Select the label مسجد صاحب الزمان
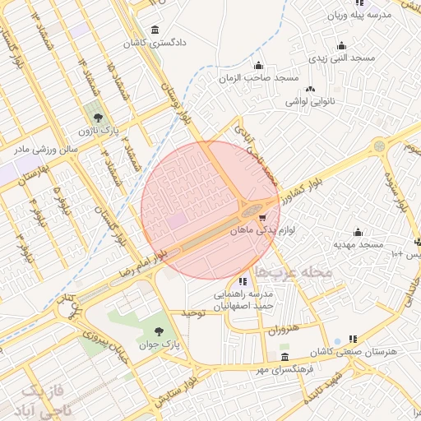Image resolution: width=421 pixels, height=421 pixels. [x=258, y=77]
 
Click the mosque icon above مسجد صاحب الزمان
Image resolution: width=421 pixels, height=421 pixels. [x=259, y=66]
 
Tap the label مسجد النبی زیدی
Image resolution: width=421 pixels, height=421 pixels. [x=342, y=58]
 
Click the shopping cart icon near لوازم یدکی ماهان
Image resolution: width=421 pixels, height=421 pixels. [x=262, y=218]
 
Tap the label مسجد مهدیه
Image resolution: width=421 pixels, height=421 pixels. [x=359, y=244]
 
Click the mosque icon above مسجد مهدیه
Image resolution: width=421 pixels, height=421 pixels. [x=358, y=232]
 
